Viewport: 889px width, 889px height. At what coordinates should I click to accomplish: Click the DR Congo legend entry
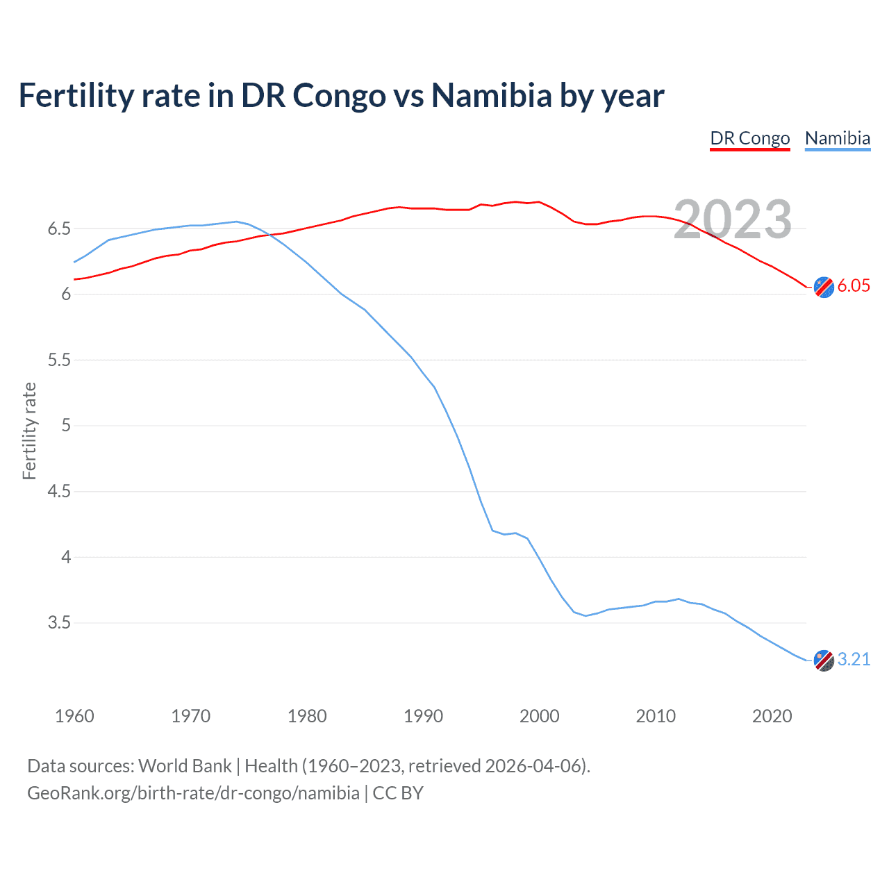coord(749,138)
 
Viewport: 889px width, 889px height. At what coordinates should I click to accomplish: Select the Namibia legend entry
coord(837,138)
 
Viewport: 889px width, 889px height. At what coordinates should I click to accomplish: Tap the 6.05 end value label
coord(854,285)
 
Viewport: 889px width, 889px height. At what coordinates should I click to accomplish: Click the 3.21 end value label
coord(854,659)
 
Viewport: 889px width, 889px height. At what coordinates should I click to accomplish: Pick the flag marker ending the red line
coord(824,287)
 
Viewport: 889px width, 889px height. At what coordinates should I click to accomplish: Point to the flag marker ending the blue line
coord(824,660)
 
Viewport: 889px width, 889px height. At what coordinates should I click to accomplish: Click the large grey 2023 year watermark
coord(733,219)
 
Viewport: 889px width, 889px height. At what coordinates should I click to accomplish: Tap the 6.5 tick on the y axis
coord(59,229)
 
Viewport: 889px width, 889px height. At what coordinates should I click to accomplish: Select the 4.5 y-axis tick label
coord(59,492)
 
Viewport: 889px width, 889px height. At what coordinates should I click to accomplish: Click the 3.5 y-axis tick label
coord(59,623)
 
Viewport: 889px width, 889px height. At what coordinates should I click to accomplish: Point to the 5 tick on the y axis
coord(66,426)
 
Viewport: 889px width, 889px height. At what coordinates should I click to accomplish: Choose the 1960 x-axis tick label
coord(74,716)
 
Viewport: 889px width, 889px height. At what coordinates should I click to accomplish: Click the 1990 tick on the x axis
coord(423,716)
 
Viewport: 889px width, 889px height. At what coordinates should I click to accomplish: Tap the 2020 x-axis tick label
coord(772,716)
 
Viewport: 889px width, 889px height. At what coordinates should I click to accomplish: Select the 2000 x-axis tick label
coord(539,716)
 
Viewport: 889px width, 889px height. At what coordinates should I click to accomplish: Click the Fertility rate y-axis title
coord(29,431)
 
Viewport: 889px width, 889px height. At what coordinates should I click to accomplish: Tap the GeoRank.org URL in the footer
coord(193,793)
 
